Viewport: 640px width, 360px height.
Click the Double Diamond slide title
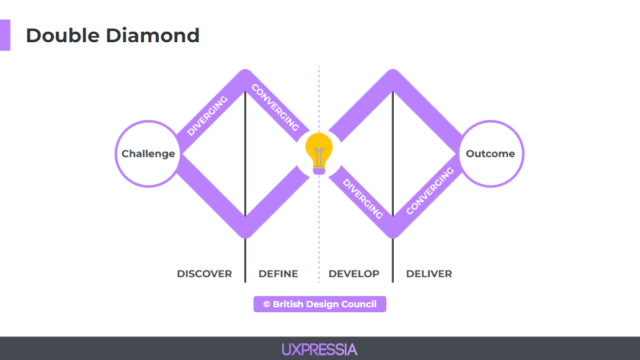pos(112,35)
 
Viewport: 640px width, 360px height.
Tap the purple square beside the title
pos(6,35)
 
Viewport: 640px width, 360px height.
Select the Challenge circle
pos(148,154)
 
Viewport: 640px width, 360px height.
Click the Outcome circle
pos(490,154)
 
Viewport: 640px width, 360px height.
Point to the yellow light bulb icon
pos(319,152)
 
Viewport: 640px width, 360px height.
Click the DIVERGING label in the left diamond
pos(208,115)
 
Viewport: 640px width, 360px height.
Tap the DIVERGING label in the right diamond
pos(363,198)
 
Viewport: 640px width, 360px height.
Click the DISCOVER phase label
pos(204,274)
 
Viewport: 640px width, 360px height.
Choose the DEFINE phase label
pos(278,274)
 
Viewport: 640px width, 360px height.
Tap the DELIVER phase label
pos(429,274)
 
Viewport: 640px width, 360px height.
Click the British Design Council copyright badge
pos(319,304)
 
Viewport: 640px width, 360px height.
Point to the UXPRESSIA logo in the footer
pos(319,349)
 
